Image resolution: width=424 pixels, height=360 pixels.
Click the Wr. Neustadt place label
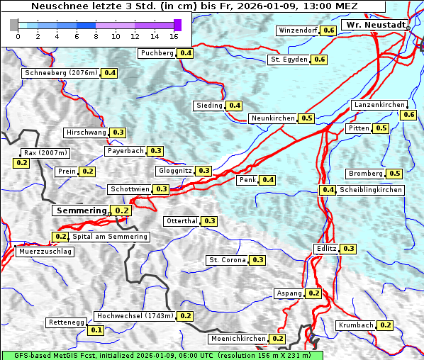click(x=375, y=25)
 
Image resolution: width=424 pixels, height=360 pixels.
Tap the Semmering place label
click(x=81, y=210)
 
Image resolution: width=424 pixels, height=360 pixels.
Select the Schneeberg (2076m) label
click(x=60, y=73)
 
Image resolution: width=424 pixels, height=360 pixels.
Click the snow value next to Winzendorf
click(x=328, y=30)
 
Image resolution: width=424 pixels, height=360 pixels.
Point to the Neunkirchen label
click(x=273, y=118)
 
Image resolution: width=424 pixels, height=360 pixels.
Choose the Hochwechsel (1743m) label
click(x=134, y=316)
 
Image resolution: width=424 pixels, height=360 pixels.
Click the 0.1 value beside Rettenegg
click(x=96, y=330)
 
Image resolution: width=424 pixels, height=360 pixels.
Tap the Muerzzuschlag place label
click(x=44, y=252)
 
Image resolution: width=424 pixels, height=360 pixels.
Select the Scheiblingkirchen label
click(x=370, y=190)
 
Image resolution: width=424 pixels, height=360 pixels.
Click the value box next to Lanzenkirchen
click(x=408, y=115)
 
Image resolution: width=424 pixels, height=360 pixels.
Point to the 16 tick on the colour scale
click(x=174, y=35)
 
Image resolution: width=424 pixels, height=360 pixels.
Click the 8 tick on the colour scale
click(x=96, y=35)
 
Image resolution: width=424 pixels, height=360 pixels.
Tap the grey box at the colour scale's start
click(x=14, y=25)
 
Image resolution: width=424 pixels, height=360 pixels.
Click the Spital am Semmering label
click(x=110, y=237)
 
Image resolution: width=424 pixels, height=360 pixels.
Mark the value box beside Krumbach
click(x=385, y=325)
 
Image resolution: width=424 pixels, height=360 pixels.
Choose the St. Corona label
click(x=227, y=260)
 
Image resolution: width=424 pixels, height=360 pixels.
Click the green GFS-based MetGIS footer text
click(x=162, y=355)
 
